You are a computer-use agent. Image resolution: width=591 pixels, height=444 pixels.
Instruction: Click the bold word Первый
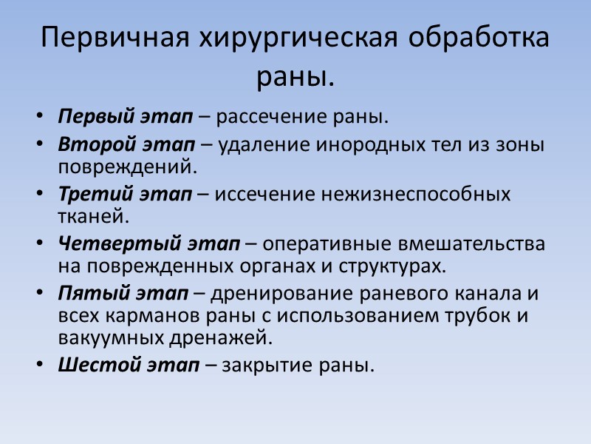coord(95,117)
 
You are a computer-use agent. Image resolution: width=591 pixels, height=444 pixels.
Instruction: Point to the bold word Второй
coord(93,145)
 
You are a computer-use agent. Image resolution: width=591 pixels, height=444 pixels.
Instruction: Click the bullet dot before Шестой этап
coord(38,365)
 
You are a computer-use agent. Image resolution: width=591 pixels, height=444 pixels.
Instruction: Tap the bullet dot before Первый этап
coord(38,118)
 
